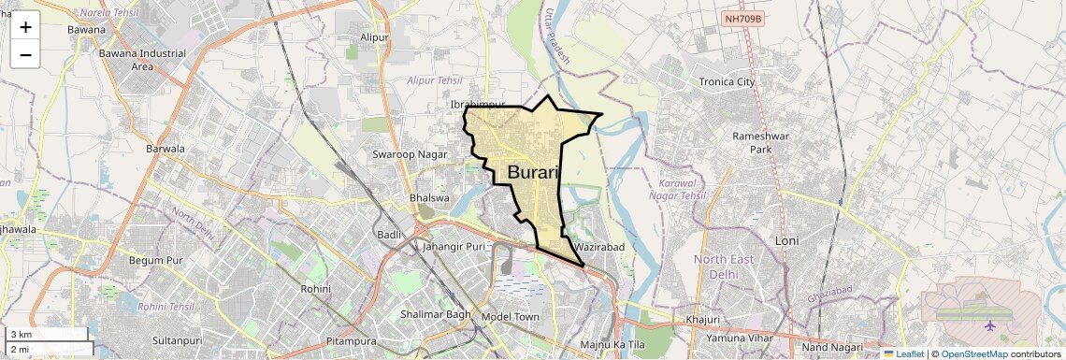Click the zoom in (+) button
(25, 26)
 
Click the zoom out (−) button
(25, 54)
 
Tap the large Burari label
(533, 172)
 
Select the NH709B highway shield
(744, 19)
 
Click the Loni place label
(787, 240)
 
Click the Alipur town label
(374, 37)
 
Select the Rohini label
(315, 289)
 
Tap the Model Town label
(510, 317)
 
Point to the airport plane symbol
(990, 325)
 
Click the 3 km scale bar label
(22, 335)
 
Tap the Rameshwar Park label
(754, 142)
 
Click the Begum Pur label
(156, 260)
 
